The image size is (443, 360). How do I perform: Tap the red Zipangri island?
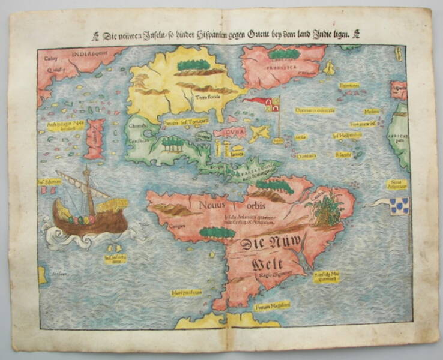[x=94, y=139]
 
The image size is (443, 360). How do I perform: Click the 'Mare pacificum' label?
[x=185, y=293]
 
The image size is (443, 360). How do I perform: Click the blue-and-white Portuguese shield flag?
[x=399, y=206]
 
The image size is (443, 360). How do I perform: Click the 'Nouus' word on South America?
[x=215, y=202]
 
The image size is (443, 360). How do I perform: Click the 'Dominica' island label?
[x=307, y=155]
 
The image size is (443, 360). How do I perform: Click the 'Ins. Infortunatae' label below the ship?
[x=115, y=260]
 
